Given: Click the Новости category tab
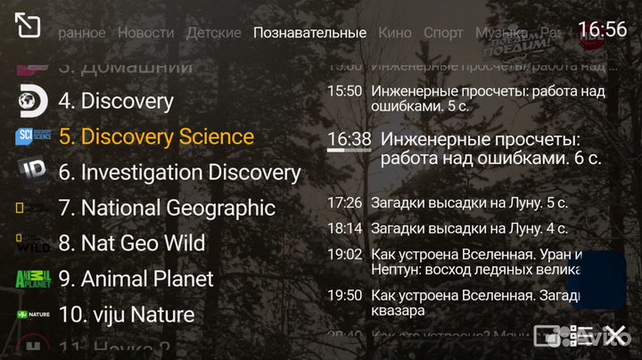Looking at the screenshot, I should pos(145,33).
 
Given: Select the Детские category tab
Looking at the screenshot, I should pos(213,33).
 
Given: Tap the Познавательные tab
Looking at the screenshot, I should pos(309,33).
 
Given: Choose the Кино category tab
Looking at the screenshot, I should pos(394,33).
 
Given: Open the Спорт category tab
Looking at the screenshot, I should pos(443,33).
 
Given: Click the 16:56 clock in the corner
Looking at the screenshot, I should pos(602,29).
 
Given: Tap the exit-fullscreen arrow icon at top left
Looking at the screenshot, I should pos(28,26).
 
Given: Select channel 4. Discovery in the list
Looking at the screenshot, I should pos(116,101).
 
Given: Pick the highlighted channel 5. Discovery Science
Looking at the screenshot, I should pos(156,136).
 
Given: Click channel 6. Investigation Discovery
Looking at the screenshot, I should pos(179,172).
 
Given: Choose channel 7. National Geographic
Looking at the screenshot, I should pos(167,208).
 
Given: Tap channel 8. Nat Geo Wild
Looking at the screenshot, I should pos(131,243).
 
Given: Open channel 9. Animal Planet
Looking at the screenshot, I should pos(136,279).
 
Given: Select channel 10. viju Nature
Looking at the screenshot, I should pos(126,315).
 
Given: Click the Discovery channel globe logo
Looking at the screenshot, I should pos(33,101).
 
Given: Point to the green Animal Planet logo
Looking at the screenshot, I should pos(33,279).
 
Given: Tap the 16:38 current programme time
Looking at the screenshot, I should pos(349,139).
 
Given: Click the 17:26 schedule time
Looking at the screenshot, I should pos(344,203).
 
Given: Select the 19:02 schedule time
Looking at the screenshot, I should pos(344,254).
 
